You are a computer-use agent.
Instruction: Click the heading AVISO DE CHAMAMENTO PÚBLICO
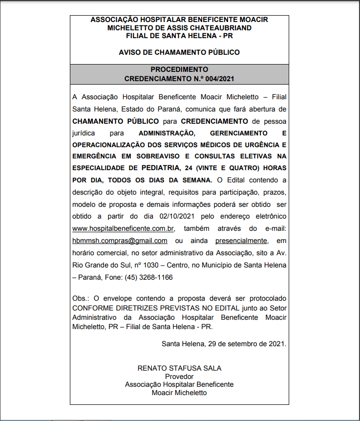click(179, 52)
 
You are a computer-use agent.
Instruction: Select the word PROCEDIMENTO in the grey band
click(179, 69)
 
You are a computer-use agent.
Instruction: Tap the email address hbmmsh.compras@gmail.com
click(120, 241)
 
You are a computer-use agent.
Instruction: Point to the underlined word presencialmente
click(241, 241)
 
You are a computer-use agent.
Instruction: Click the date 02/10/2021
click(177, 217)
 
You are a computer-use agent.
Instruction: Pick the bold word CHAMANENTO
click(96, 120)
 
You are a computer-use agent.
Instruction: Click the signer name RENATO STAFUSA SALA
click(179, 368)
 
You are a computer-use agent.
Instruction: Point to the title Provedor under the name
click(179, 377)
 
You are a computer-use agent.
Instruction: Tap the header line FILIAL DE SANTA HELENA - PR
click(179, 36)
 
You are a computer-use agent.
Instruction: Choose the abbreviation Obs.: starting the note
click(81, 298)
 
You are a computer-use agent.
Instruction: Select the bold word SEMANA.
click(196, 180)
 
